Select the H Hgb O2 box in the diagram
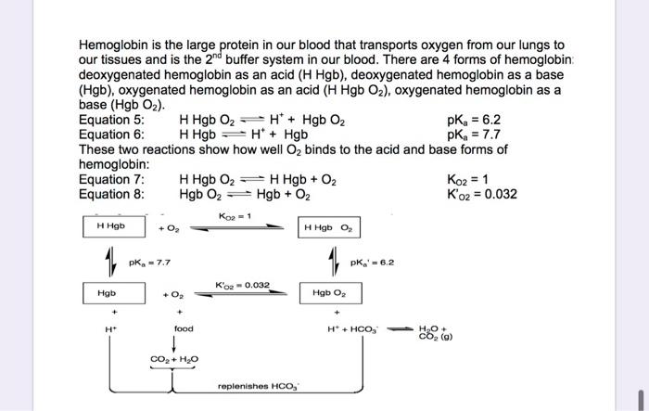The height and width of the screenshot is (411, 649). click(328, 227)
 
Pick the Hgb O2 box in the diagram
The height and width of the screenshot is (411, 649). click(331, 292)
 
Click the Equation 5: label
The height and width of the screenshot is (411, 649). click(112, 120)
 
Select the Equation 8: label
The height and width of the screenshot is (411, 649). click(112, 194)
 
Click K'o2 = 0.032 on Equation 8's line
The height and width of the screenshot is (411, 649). click(481, 194)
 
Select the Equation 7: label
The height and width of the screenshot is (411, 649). click(112, 179)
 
